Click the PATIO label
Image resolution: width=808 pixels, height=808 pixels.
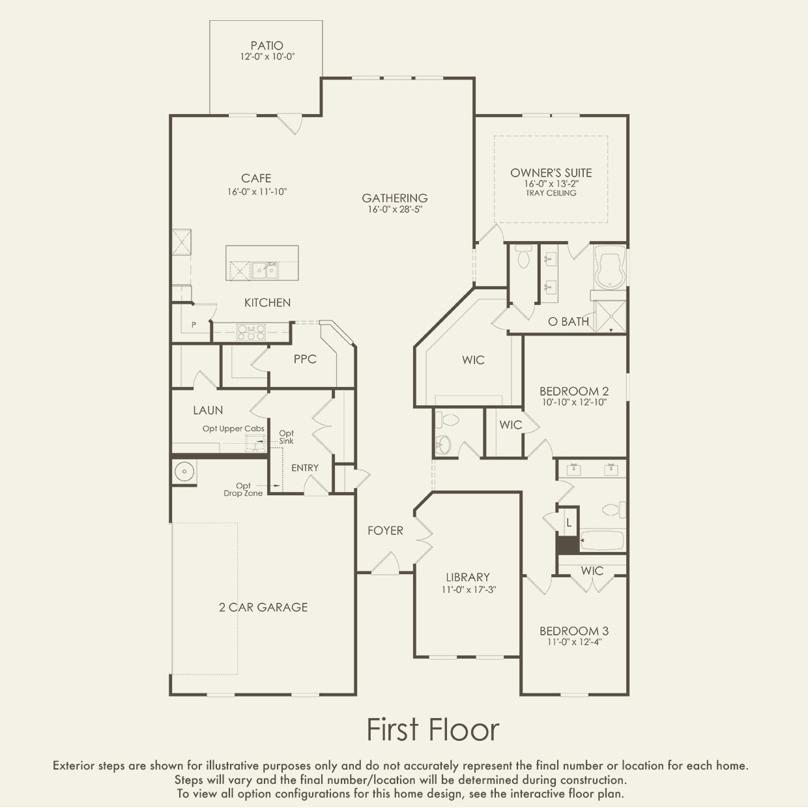click(267, 45)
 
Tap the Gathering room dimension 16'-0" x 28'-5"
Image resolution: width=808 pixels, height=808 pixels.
click(395, 209)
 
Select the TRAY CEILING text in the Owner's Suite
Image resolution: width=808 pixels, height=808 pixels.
click(551, 193)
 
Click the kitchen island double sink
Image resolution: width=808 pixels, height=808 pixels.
click(265, 270)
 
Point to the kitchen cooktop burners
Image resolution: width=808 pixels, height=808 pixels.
click(251, 332)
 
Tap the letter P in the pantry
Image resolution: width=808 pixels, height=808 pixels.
click(194, 325)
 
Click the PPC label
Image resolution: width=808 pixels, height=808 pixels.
click(305, 359)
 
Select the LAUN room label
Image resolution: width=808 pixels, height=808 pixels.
click(208, 410)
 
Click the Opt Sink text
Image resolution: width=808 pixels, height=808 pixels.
click(287, 437)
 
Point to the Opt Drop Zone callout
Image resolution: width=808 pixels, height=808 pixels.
click(243, 489)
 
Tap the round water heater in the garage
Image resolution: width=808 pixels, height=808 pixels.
click(184, 472)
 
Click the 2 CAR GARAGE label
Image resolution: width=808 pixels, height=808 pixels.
click(263, 607)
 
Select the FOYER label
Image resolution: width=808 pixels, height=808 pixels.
click(385, 530)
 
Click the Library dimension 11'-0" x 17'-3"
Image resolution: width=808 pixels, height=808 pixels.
click(469, 589)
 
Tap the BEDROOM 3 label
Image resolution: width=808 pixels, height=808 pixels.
click(574, 631)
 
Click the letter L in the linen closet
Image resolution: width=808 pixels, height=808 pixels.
click(569, 523)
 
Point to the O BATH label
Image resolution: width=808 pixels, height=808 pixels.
click(569, 322)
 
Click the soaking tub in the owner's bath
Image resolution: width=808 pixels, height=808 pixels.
click(610, 267)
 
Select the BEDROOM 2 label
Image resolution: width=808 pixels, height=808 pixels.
click(574, 391)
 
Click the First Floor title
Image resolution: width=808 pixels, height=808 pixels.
click(433, 729)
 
